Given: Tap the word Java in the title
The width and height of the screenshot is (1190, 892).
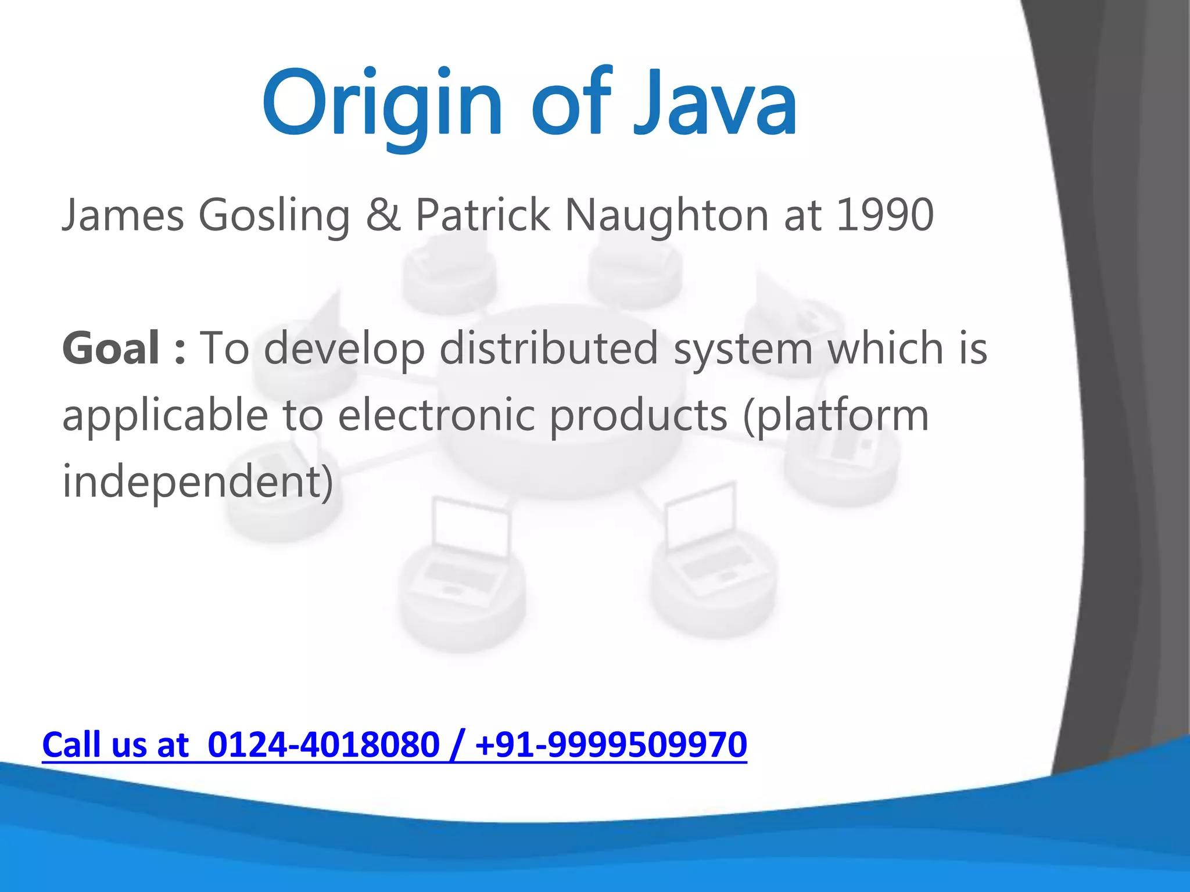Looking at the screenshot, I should [715, 105].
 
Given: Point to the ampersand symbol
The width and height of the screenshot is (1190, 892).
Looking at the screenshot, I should [383, 215].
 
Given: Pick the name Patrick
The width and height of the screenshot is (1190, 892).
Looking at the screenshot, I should [483, 215].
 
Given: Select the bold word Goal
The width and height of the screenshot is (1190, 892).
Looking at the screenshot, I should [111, 348].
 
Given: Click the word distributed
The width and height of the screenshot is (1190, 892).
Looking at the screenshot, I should [549, 348].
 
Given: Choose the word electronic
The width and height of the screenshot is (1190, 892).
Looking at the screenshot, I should [436, 415].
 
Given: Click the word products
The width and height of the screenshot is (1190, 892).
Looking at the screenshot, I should [639, 416].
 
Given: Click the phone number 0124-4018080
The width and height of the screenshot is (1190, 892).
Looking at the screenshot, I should [323, 744].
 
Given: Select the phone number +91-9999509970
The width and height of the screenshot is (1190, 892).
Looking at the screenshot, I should [611, 744].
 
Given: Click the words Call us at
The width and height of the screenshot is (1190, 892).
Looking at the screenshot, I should [116, 744].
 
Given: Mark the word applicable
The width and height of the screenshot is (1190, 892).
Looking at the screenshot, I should [165, 416].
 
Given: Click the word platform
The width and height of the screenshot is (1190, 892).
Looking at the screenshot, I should [843, 416].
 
